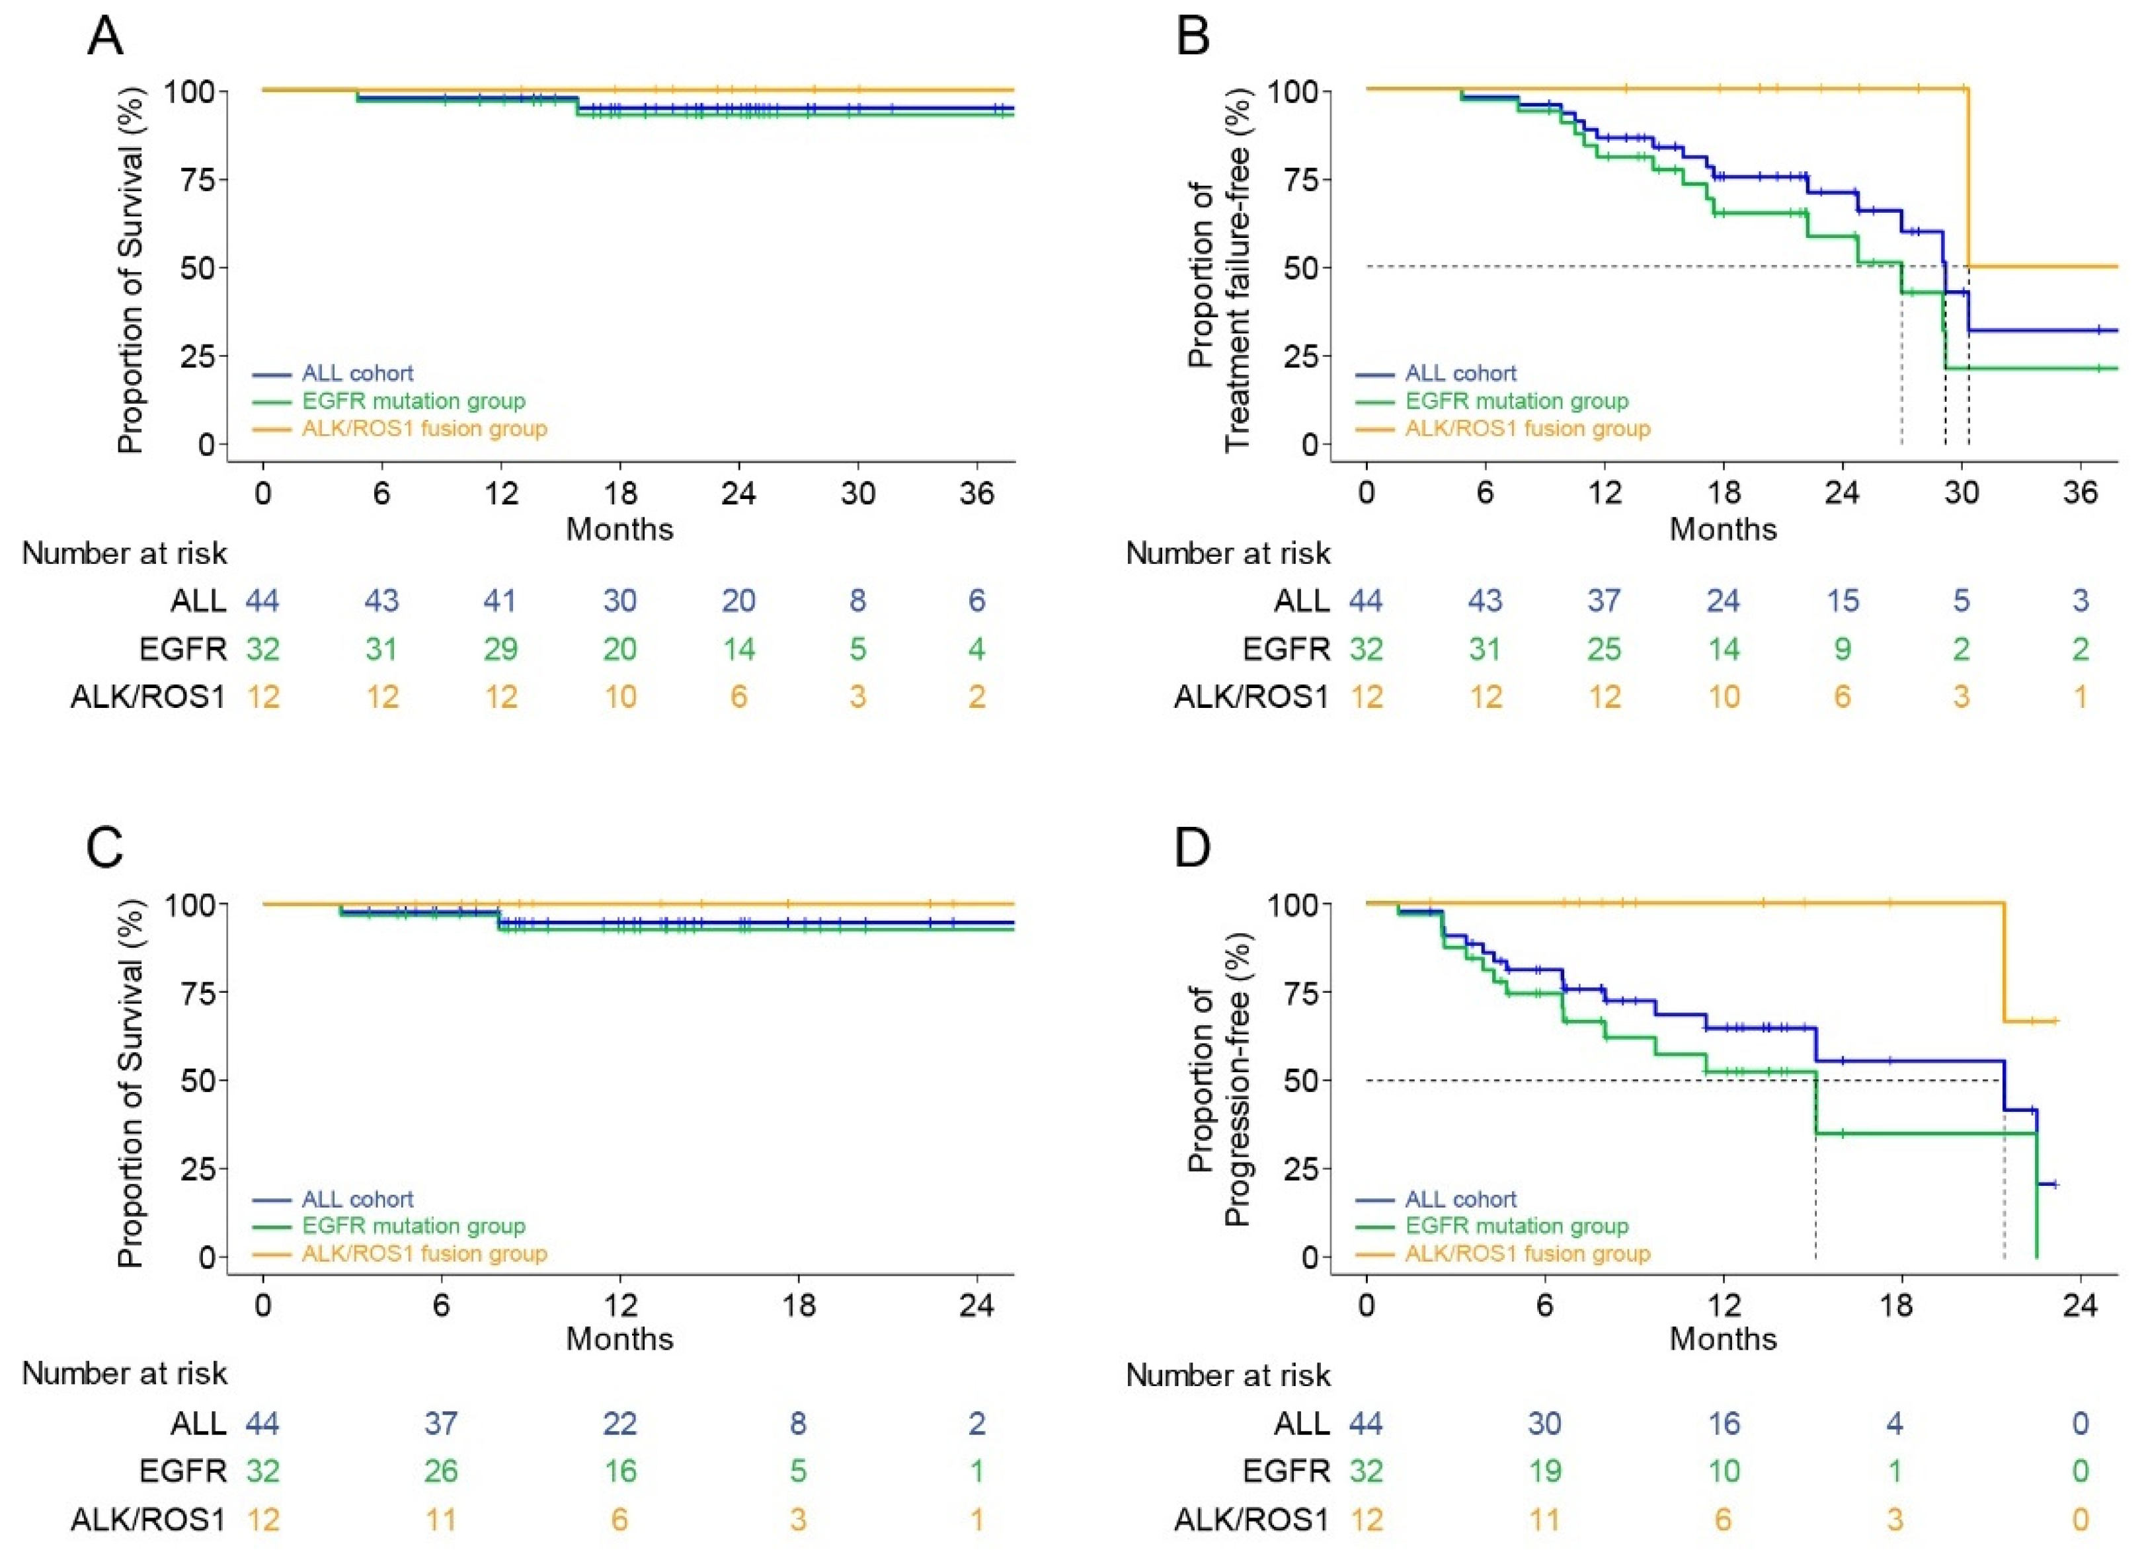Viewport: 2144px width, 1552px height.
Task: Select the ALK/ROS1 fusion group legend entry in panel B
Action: click(x=1527, y=428)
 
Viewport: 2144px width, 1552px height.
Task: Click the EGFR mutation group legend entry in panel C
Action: click(x=413, y=1226)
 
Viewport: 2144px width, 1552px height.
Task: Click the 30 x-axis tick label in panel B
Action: click(x=1961, y=492)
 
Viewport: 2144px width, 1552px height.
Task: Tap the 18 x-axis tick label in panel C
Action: click(x=798, y=1305)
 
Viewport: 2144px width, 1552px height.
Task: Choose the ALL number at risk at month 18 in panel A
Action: click(x=619, y=600)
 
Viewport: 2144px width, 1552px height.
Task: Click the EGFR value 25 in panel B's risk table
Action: click(x=1605, y=649)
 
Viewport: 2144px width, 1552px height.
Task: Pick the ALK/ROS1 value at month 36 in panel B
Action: click(x=2080, y=697)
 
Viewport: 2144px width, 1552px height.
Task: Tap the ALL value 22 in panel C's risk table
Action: click(x=619, y=1422)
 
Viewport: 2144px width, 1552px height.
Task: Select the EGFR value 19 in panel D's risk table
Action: click(x=1544, y=1471)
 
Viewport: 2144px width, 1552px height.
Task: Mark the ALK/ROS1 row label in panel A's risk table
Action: click(x=148, y=697)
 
